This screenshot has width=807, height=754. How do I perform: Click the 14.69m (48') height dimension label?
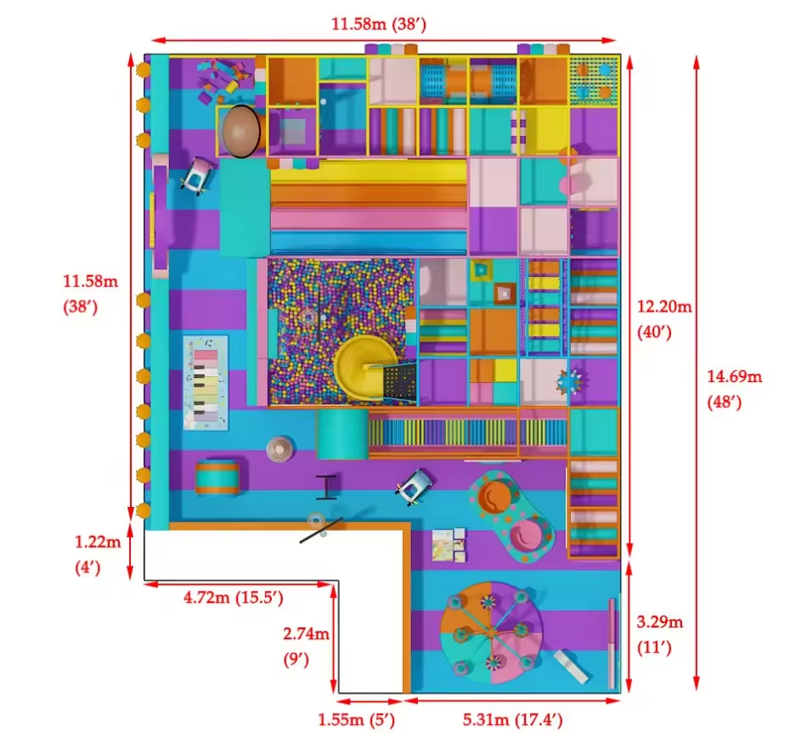point(734,389)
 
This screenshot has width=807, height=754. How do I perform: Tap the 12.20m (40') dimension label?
point(664,319)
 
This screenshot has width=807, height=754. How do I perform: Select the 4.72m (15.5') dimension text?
point(233,598)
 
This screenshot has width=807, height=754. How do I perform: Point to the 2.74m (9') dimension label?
point(306,646)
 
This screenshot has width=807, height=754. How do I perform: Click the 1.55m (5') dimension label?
point(356,719)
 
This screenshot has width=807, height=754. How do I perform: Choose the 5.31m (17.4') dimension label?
point(512,719)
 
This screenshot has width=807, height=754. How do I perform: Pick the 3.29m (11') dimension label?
point(659,634)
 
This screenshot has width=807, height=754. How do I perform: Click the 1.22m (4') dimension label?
point(98,554)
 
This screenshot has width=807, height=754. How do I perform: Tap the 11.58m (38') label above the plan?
point(379,24)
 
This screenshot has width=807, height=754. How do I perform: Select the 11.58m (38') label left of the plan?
point(90,294)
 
